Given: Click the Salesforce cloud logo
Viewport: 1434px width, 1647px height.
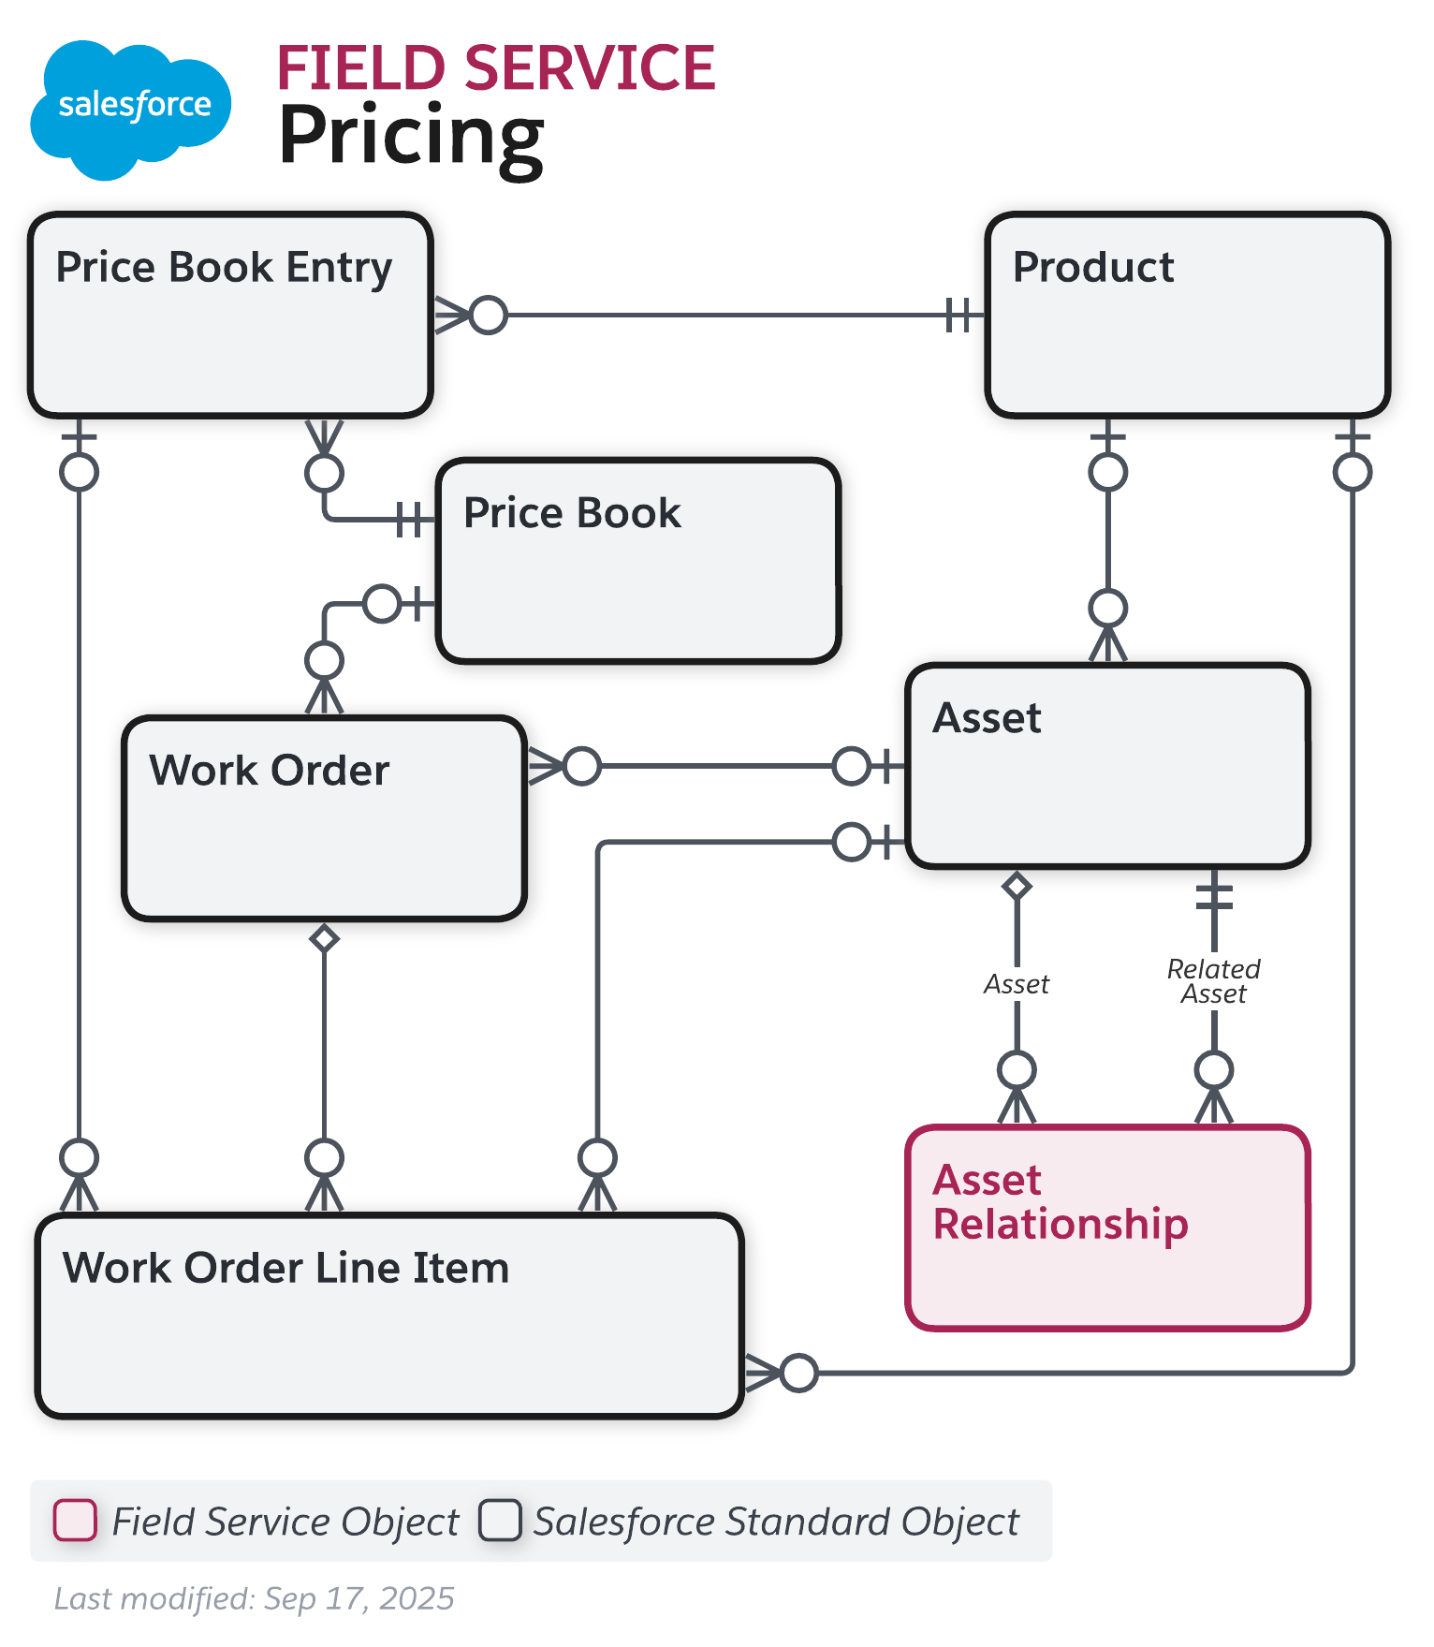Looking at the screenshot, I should [131, 108].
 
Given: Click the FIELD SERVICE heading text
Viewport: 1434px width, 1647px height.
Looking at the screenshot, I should [495, 68].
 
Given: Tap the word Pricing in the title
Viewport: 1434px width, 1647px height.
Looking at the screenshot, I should [411, 137].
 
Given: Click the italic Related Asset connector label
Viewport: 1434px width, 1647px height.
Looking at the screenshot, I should [1213, 981].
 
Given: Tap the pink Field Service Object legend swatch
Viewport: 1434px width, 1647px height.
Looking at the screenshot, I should [75, 1520].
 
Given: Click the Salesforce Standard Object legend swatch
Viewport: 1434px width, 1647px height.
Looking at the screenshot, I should [500, 1520].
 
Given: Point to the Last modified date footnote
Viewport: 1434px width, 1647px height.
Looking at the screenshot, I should [254, 1598].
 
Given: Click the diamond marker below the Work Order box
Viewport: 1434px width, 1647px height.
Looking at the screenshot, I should [324, 938].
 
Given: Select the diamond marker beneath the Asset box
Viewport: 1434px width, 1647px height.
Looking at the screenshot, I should [1017, 885].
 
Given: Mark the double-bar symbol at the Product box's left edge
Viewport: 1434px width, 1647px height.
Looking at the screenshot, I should [958, 316].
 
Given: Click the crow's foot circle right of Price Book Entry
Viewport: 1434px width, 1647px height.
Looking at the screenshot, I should [488, 316].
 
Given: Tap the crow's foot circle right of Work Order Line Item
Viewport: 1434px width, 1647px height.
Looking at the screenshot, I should [798, 1373].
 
